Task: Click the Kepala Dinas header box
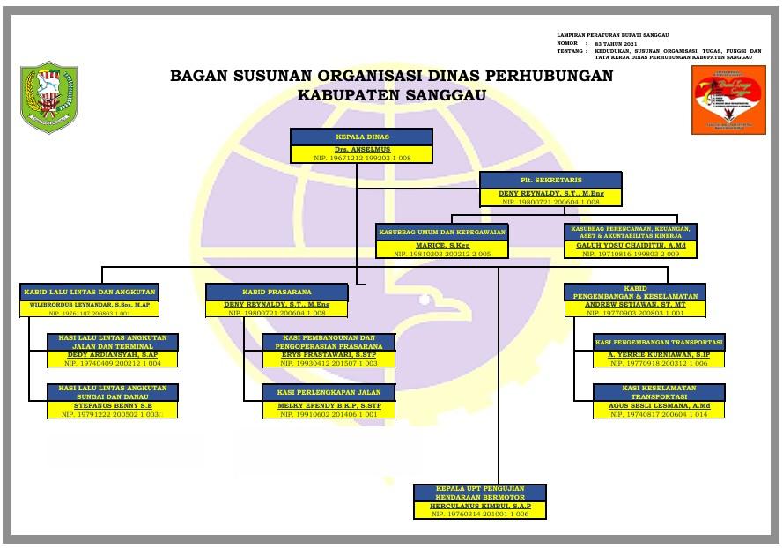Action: click(x=361, y=137)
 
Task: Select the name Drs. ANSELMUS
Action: click(x=361, y=149)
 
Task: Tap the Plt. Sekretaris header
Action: click(x=550, y=180)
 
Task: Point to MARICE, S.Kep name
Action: click(x=442, y=245)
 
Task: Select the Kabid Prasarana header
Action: click(x=277, y=291)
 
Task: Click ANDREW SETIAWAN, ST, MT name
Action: click(x=635, y=305)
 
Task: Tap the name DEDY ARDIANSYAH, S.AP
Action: click(x=113, y=355)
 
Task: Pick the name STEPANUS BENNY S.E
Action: click(x=113, y=406)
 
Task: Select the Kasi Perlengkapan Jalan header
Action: click(x=329, y=391)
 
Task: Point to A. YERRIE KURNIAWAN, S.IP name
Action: click(x=659, y=355)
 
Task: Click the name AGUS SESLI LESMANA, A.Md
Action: click(x=659, y=406)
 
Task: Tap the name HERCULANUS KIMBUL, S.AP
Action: click(x=480, y=507)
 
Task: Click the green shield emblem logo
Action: click(x=49, y=97)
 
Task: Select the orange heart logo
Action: click(x=728, y=100)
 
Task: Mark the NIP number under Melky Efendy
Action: click(x=329, y=414)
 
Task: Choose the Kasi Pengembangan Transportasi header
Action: click(x=659, y=342)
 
